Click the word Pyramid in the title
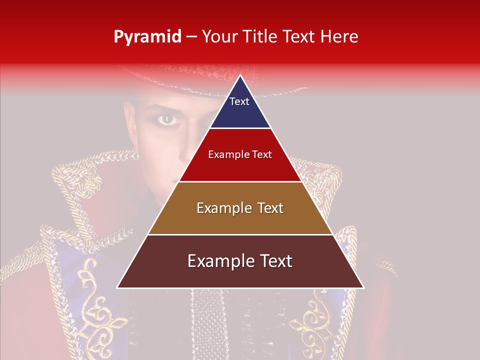[x=147, y=37]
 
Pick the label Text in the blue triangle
[x=239, y=101]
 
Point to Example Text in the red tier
[x=240, y=154]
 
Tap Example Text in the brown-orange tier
[x=240, y=208]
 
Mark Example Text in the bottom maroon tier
[x=240, y=261]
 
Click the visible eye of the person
[x=167, y=119]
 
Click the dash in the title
[x=191, y=37]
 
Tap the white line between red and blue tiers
[x=240, y=128]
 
